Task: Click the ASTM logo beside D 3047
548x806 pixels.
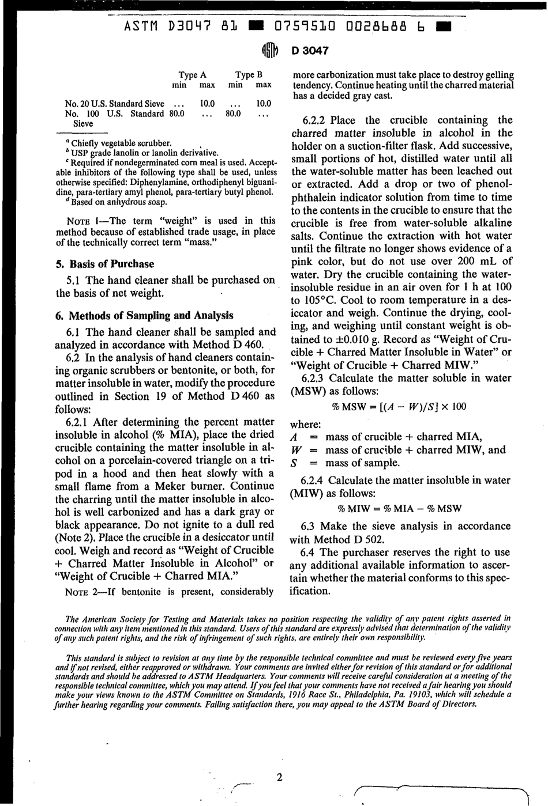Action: coord(270,50)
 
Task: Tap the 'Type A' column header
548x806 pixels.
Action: coord(193,75)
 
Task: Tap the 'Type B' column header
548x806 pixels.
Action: coord(249,75)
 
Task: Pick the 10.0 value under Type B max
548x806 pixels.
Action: coord(263,104)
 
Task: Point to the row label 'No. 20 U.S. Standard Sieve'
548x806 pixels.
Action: coord(115,104)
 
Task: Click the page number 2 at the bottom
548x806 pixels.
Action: coord(279,778)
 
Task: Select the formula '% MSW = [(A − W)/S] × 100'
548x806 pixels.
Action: coord(399,407)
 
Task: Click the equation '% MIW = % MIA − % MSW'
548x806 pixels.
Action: coord(399,509)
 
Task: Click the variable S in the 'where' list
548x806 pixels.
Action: coord(294,463)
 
